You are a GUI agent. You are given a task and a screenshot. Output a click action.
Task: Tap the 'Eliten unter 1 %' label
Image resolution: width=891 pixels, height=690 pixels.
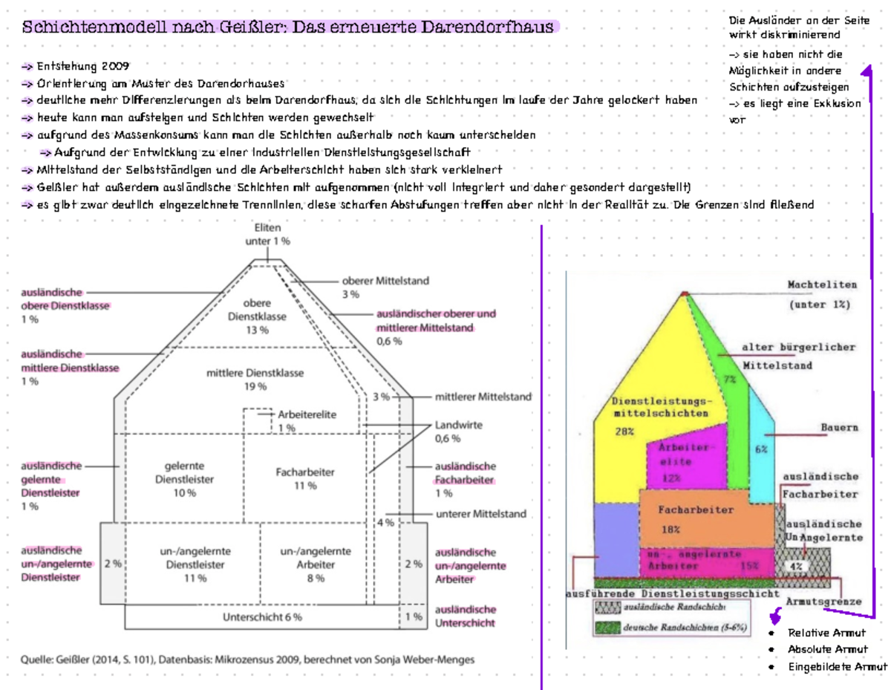tap(267, 234)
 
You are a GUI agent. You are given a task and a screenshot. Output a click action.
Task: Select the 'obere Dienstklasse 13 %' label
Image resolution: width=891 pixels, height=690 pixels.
tap(258, 316)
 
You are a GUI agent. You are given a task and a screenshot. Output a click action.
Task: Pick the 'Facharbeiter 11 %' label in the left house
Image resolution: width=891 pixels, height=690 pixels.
tap(304, 478)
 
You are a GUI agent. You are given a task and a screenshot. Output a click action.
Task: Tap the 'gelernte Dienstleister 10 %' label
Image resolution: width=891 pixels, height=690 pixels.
tap(186, 479)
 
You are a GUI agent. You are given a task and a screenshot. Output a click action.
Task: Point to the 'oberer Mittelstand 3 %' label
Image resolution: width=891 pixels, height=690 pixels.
tap(385, 287)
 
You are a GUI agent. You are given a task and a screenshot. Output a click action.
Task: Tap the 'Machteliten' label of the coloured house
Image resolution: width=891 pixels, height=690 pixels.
tap(822, 284)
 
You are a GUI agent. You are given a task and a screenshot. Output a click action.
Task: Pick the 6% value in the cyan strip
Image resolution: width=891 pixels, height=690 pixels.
tap(761, 449)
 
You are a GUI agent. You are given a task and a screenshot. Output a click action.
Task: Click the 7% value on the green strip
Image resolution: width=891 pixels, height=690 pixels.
tap(730, 380)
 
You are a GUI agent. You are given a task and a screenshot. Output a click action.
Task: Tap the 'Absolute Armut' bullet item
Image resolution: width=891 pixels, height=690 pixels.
tap(827, 649)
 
